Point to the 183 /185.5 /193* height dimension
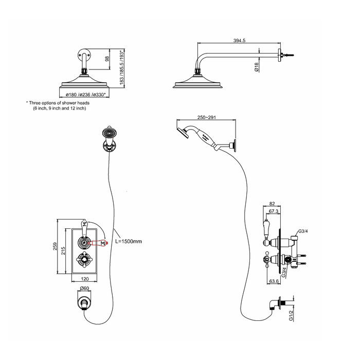pos(122,68)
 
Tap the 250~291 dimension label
pos(203,117)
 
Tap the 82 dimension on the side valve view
pos(273,204)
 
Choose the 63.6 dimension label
pos(275,281)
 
